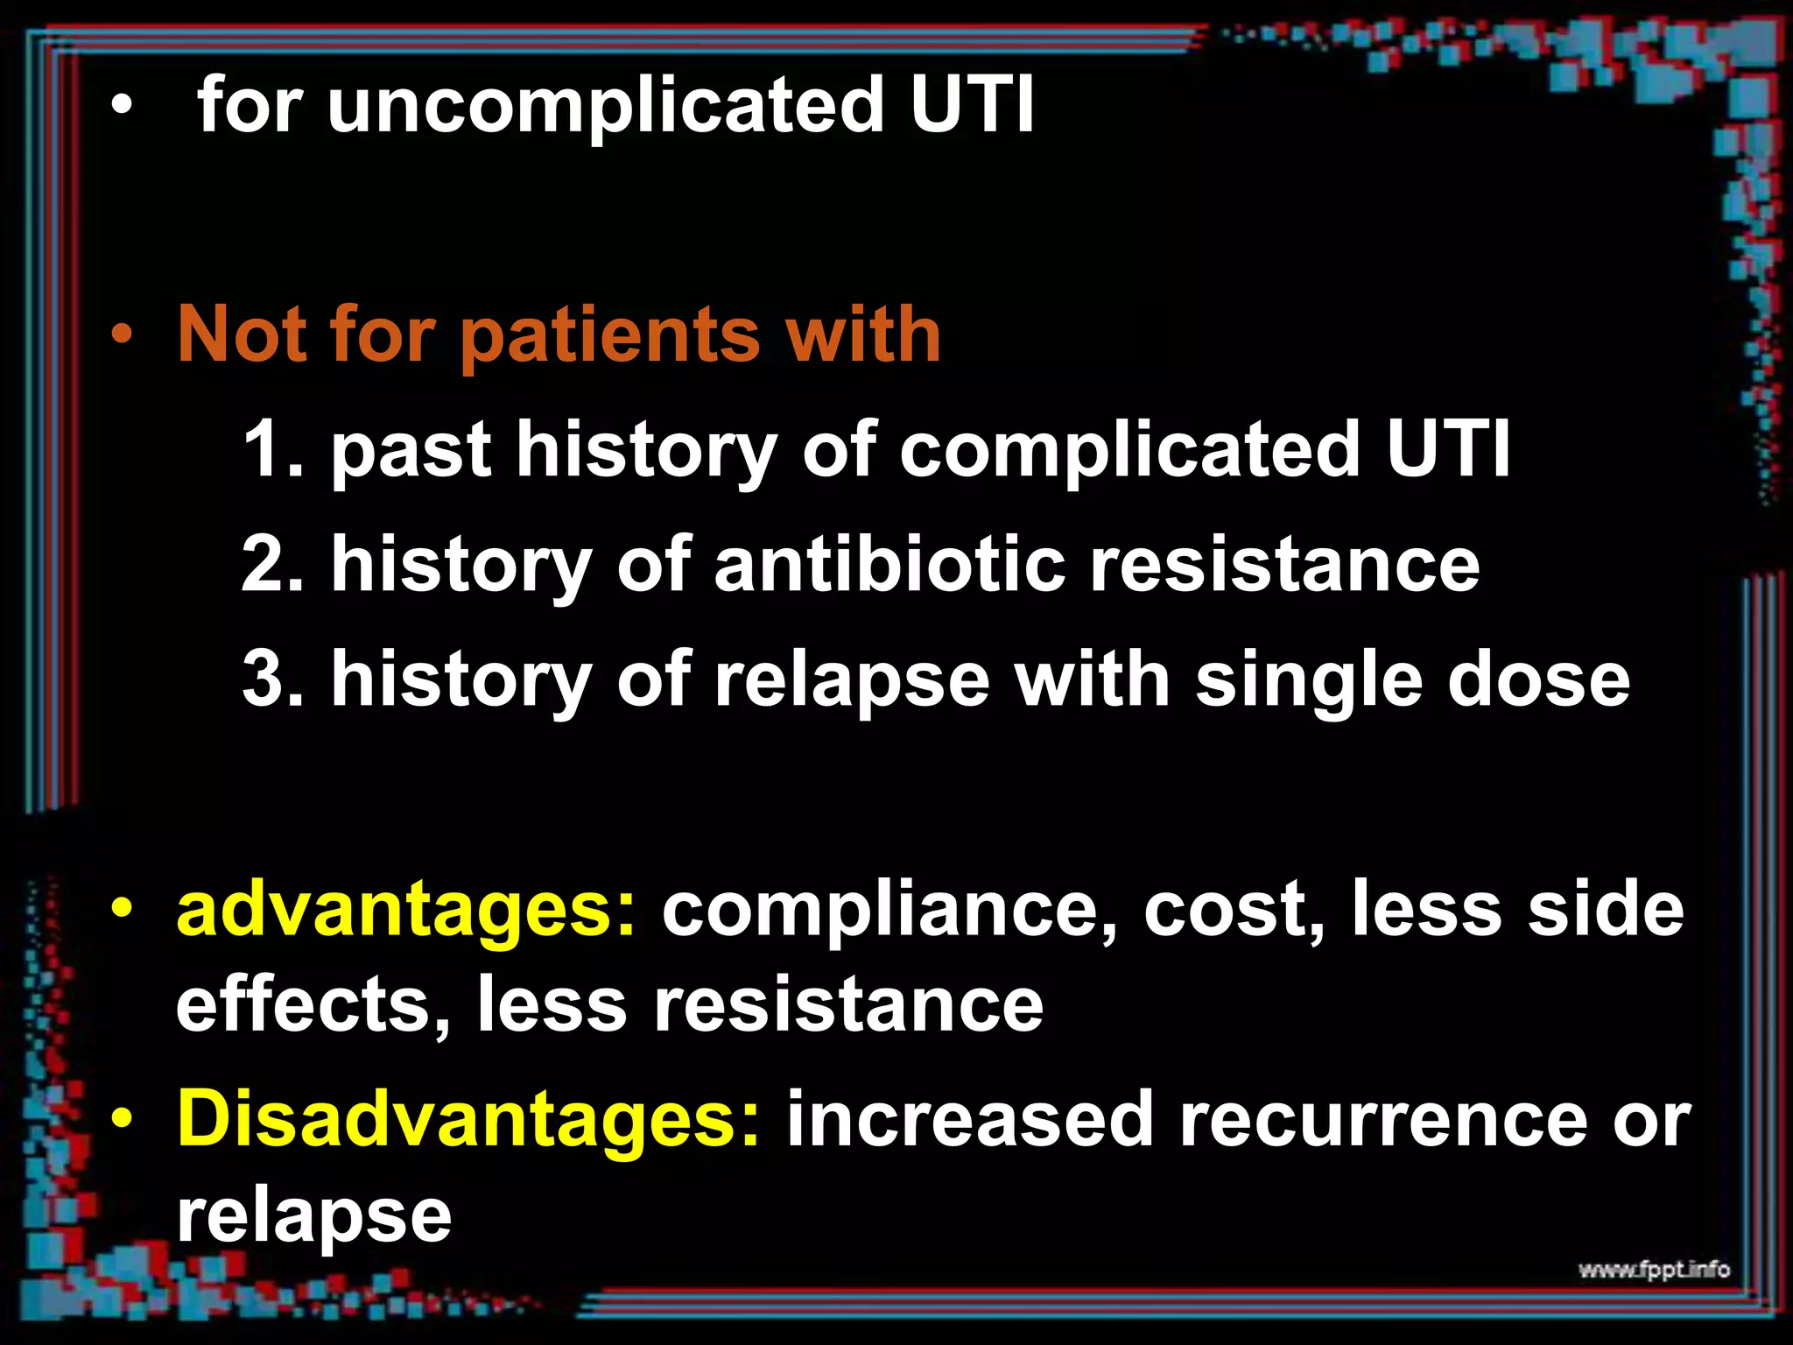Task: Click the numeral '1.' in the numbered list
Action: click(x=272, y=450)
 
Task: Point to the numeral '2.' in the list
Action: click(x=272, y=565)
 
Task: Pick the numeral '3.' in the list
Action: click(x=272, y=680)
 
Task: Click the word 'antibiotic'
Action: click(x=889, y=565)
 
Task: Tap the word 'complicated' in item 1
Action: click(x=1129, y=450)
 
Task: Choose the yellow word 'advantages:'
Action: click(x=406, y=911)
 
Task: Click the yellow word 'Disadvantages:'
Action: click(x=468, y=1120)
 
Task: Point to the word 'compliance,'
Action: click(x=889, y=911)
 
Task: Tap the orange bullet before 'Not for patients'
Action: click(x=122, y=334)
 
